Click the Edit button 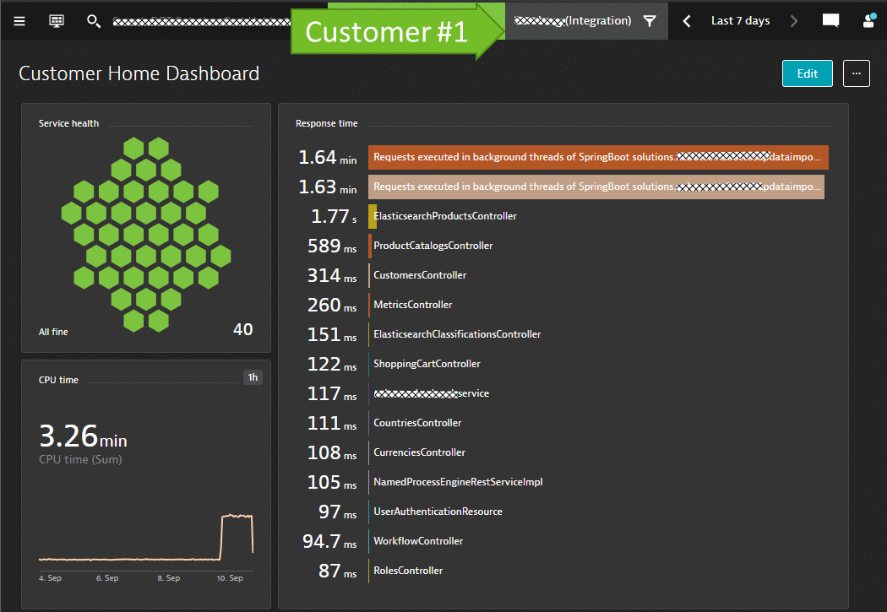[807, 73]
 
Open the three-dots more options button [856, 73]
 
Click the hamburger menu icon [19, 20]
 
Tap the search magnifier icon [94, 20]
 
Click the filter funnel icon [649, 21]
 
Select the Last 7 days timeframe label [740, 21]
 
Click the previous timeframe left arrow [687, 21]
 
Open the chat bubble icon [830, 21]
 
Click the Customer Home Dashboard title [139, 74]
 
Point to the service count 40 [242, 330]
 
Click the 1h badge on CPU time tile [252, 377]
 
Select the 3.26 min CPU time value [83, 436]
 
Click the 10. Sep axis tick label [229, 578]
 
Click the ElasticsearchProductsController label [444, 216]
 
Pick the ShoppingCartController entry [427, 364]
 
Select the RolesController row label [408, 571]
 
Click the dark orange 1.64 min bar [598, 157]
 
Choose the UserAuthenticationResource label [438, 512]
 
